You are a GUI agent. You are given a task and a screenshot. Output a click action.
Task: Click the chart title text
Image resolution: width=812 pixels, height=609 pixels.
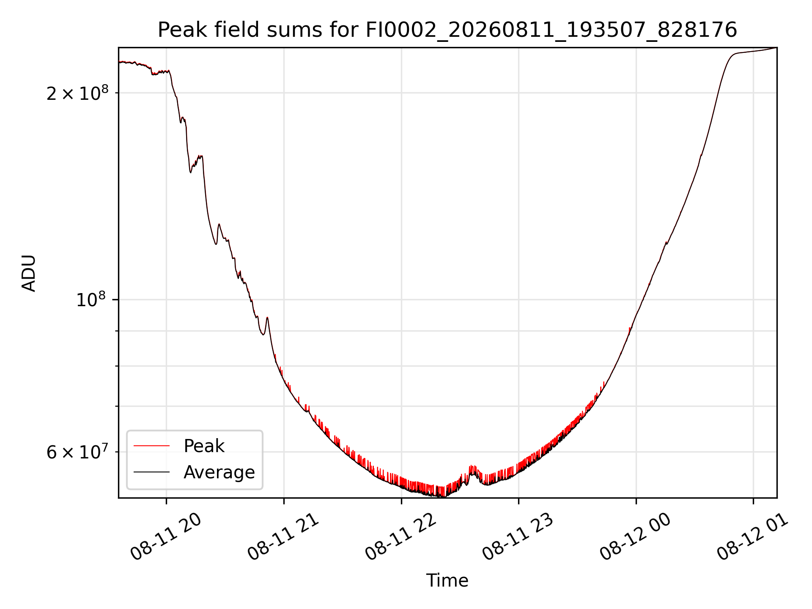pyautogui.click(x=447, y=30)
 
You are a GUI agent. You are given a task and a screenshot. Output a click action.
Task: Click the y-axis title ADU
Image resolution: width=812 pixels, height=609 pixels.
pyautogui.click(x=29, y=273)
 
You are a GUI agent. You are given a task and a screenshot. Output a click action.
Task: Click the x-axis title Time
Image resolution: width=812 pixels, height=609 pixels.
pyautogui.click(x=447, y=580)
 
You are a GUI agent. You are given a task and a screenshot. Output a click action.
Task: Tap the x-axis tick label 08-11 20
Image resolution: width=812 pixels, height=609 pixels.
pyautogui.click(x=166, y=537)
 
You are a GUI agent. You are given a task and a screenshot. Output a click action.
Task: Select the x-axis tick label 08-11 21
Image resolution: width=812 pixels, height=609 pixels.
pyautogui.click(x=283, y=537)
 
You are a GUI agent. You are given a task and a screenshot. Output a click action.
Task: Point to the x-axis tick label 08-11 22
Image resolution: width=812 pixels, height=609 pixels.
pyautogui.click(x=401, y=537)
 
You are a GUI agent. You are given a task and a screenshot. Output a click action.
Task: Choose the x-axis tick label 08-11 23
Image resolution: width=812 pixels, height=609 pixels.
pyautogui.click(x=518, y=537)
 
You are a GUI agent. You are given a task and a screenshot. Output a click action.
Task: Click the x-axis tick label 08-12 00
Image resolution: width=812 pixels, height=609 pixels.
pyautogui.click(x=636, y=537)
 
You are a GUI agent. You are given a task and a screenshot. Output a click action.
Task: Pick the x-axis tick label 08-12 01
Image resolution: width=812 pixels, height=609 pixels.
pyautogui.click(x=753, y=537)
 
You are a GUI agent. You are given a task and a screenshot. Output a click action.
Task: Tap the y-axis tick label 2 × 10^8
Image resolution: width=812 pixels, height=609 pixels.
pyautogui.click(x=77, y=93)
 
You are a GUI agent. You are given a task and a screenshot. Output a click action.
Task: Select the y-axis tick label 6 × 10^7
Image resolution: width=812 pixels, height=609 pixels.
pyautogui.click(x=77, y=452)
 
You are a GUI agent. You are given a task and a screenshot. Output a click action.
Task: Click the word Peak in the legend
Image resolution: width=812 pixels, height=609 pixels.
pyautogui.click(x=204, y=446)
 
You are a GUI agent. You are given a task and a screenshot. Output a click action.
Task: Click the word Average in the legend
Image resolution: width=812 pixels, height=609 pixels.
pyautogui.click(x=219, y=472)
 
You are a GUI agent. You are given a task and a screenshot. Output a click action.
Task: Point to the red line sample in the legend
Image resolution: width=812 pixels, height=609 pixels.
pyautogui.click(x=151, y=446)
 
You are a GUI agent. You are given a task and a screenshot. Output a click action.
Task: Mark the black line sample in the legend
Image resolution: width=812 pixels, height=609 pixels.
pyautogui.click(x=151, y=472)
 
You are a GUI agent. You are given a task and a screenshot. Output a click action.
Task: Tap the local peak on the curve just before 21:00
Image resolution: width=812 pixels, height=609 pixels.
pyautogui.click(x=267, y=318)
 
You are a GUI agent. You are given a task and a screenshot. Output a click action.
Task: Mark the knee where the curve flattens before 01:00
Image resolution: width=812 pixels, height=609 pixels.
pyautogui.click(x=735, y=54)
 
